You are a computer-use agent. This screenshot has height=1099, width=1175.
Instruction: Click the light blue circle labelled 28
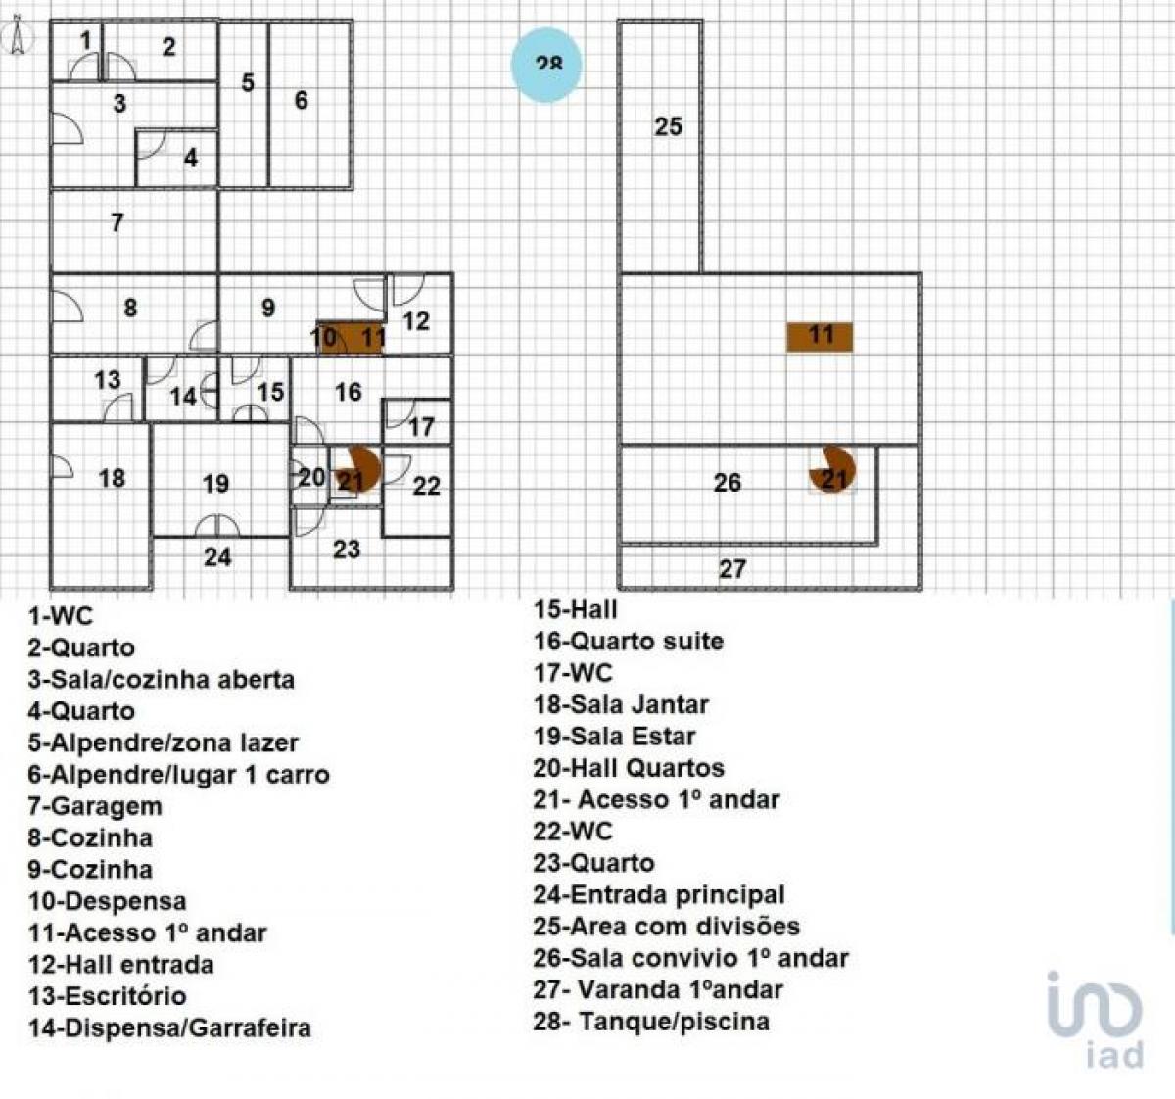pyautogui.click(x=547, y=65)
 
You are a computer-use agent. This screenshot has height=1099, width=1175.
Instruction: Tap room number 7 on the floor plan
pyautogui.click(x=117, y=222)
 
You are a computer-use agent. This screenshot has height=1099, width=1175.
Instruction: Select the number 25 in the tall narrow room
pyautogui.click(x=668, y=126)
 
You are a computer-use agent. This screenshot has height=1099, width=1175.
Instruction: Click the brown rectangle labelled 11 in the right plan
pyautogui.click(x=820, y=336)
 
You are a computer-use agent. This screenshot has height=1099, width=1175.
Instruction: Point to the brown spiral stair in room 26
pyautogui.click(x=832, y=470)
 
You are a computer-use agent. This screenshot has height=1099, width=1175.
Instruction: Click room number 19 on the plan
pyautogui.click(x=215, y=483)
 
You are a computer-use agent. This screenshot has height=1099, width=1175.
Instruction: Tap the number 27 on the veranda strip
pyautogui.click(x=732, y=568)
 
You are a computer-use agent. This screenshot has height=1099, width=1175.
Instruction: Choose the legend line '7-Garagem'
pyautogui.click(x=95, y=806)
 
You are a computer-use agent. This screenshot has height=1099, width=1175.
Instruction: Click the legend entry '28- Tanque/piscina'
pyautogui.click(x=651, y=1022)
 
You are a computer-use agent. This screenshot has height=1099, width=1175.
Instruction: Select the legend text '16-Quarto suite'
pyautogui.click(x=628, y=642)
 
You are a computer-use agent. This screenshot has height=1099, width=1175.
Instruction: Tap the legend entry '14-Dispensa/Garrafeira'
pyautogui.click(x=169, y=1027)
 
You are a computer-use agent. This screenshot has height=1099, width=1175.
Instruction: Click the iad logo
pyautogui.click(x=1096, y=1019)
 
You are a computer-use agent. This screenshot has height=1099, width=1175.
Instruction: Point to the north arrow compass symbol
pyautogui.click(x=18, y=38)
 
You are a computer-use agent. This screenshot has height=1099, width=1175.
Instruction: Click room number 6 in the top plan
pyautogui.click(x=302, y=100)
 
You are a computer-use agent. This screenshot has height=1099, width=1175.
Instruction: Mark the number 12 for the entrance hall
pyautogui.click(x=416, y=320)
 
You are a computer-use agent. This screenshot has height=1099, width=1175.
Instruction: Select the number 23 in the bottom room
pyautogui.click(x=347, y=549)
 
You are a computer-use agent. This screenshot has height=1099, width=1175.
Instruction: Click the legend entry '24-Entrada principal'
pyautogui.click(x=659, y=894)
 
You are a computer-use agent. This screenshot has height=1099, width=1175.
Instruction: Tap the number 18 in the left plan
pyautogui.click(x=112, y=477)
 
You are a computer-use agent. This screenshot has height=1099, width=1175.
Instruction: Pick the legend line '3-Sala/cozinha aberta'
pyautogui.click(x=161, y=679)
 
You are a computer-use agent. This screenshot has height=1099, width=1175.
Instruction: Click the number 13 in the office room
pyautogui.click(x=108, y=379)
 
